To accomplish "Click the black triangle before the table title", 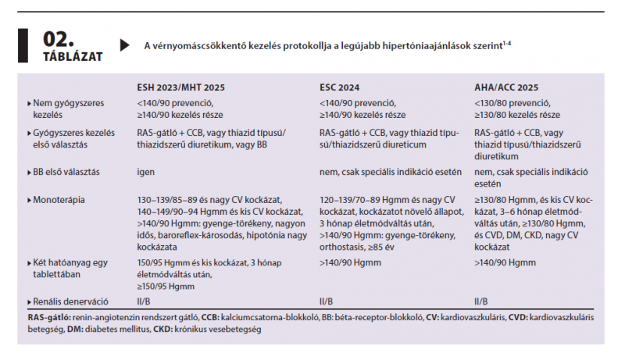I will [x=124, y=45].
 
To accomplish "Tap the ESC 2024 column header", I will [x=345, y=87].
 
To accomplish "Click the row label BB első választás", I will [x=69, y=172].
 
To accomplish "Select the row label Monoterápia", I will [x=60, y=200].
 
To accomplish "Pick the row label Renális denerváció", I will [x=71, y=301].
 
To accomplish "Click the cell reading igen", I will [x=145, y=172].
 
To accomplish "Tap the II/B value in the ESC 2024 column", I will [x=327, y=301].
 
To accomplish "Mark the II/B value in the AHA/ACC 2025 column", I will [x=481, y=301].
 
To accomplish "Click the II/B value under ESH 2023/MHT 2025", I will [x=144, y=301].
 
